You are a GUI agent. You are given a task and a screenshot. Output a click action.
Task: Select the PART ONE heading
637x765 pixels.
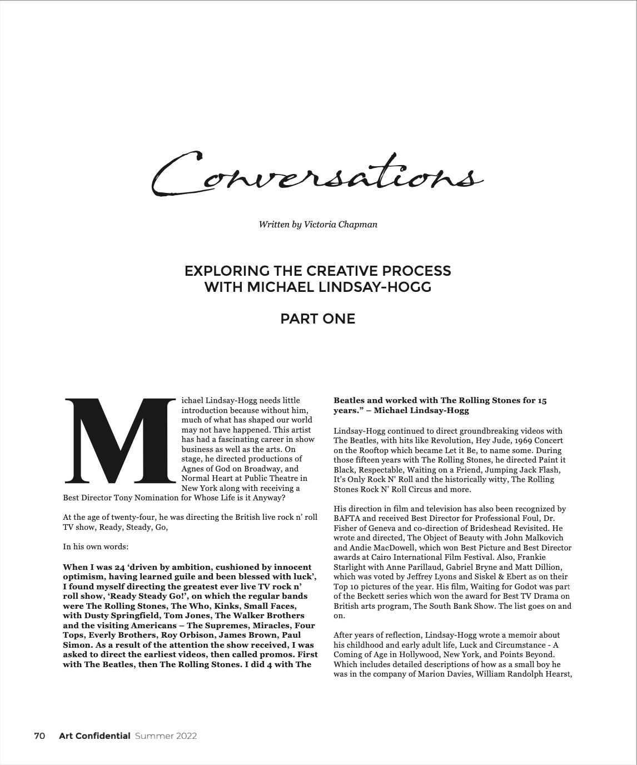tap(317, 319)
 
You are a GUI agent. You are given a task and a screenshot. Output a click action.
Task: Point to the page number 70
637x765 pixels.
tap(39, 736)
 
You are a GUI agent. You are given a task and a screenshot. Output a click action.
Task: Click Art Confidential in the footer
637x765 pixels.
tap(94, 736)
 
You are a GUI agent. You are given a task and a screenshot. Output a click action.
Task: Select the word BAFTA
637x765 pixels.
tap(347, 518)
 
